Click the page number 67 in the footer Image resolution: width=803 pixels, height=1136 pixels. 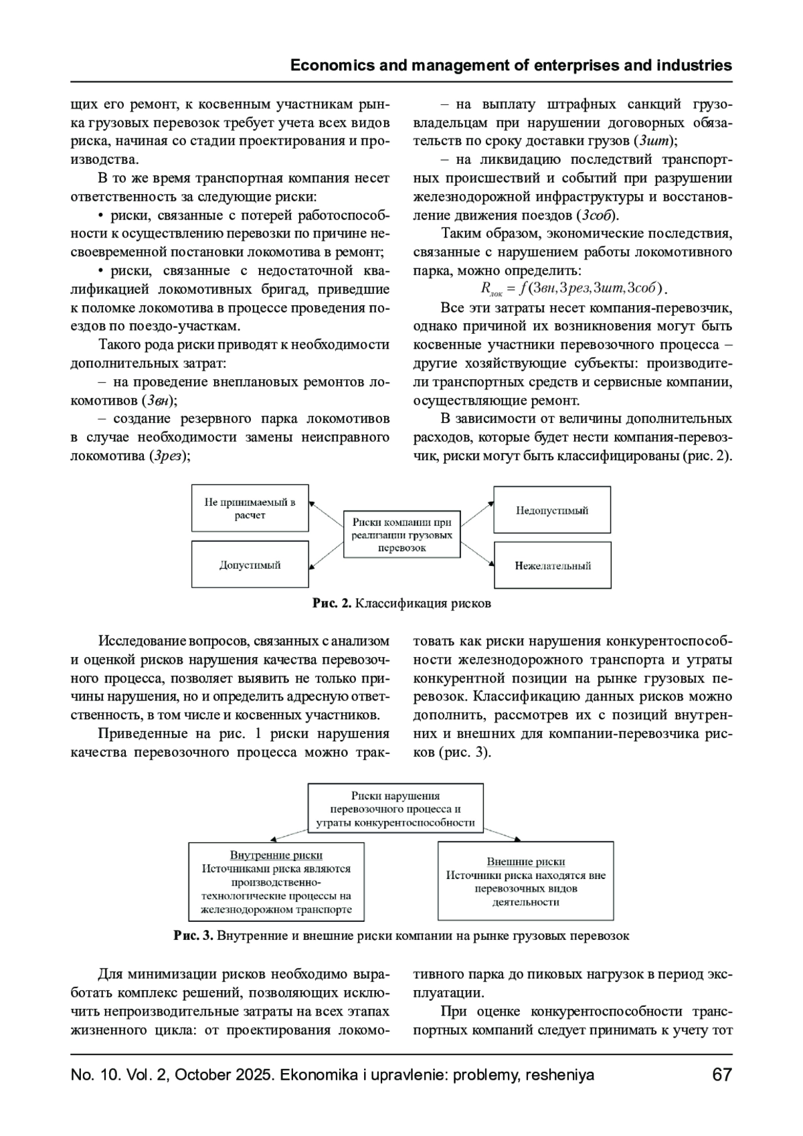(722, 1076)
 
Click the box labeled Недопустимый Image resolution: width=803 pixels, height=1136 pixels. (552, 510)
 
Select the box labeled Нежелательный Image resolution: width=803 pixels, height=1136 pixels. (552, 565)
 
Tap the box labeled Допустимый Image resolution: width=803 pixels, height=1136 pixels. (250, 565)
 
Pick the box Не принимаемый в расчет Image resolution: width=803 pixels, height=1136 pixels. (250, 508)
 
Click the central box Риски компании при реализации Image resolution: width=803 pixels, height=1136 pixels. (401, 535)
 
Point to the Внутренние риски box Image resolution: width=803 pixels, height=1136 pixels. (276, 882)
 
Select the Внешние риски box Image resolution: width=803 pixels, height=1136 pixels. (525, 881)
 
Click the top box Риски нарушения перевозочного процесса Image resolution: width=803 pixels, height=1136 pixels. (395, 809)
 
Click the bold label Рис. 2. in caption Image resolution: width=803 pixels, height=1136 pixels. (332, 603)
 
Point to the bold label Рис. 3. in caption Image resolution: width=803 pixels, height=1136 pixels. (193, 935)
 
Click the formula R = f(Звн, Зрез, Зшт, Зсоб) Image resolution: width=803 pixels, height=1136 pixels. (573, 288)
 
